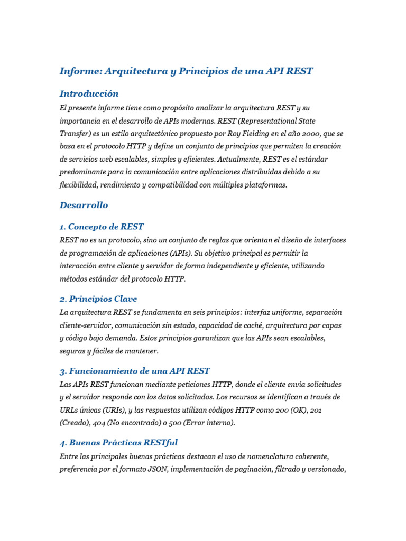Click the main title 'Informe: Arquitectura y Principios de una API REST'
pos(186,71)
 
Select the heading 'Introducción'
pos(89,94)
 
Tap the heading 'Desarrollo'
pos(84,205)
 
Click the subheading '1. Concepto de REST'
pos(101,227)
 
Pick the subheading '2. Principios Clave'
pos(98,299)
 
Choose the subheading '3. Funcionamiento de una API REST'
pos(135,371)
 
